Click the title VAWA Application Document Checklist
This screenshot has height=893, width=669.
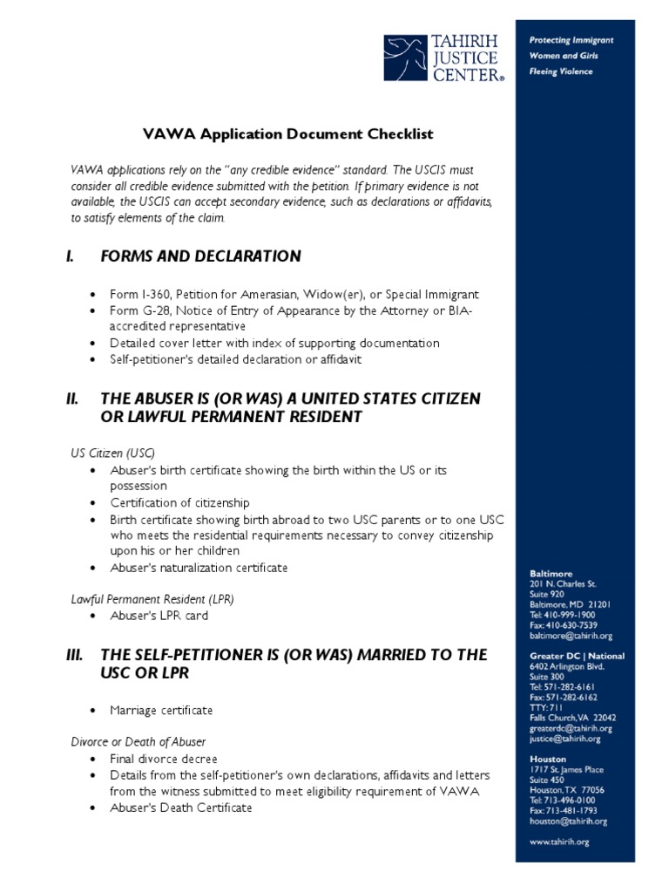287,134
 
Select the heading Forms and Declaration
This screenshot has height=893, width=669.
200,256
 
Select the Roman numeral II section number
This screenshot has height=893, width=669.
72,399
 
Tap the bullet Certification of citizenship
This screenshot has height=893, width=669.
179,502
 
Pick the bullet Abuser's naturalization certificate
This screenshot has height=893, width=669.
199,568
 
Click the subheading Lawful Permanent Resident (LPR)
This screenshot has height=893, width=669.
152,599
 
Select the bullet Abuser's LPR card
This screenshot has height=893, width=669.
159,616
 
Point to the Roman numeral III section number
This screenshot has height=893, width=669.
74,655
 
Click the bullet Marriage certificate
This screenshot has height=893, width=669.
161,710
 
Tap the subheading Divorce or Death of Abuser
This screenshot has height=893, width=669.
138,742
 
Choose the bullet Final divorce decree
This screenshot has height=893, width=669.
164,759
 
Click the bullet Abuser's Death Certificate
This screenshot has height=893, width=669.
180,808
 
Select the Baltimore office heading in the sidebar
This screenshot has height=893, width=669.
551,574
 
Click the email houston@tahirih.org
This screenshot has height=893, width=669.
568,821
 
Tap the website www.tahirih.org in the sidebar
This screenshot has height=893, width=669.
560,842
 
